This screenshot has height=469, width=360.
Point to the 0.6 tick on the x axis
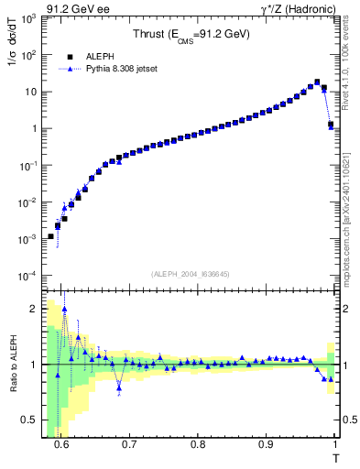coord(61,446)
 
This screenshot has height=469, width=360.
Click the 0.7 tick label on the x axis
coord(129,446)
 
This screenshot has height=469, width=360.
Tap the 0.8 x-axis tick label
coord(198,446)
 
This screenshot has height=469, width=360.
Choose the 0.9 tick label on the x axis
coord(266,446)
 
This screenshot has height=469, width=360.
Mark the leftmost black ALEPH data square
coord(50,236)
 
